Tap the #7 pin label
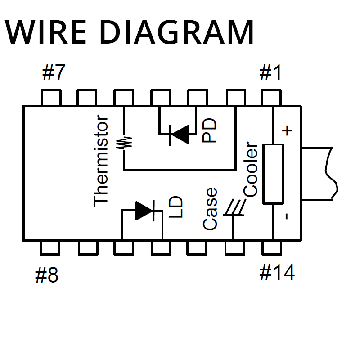[x=54, y=72]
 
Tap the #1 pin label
[x=271, y=72]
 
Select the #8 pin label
[x=47, y=275]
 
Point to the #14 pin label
[x=277, y=272]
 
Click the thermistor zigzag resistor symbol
[x=124, y=143]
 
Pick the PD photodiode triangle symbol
[x=179, y=134]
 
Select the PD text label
[x=209, y=130]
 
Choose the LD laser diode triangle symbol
[x=145, y=210]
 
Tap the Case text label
[x=210, y=209]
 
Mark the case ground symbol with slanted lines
[x=234, y=208]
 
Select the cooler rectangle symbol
[x=273, y=174]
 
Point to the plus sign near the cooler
[x=287, y=131]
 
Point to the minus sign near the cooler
[x=287, y=216]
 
